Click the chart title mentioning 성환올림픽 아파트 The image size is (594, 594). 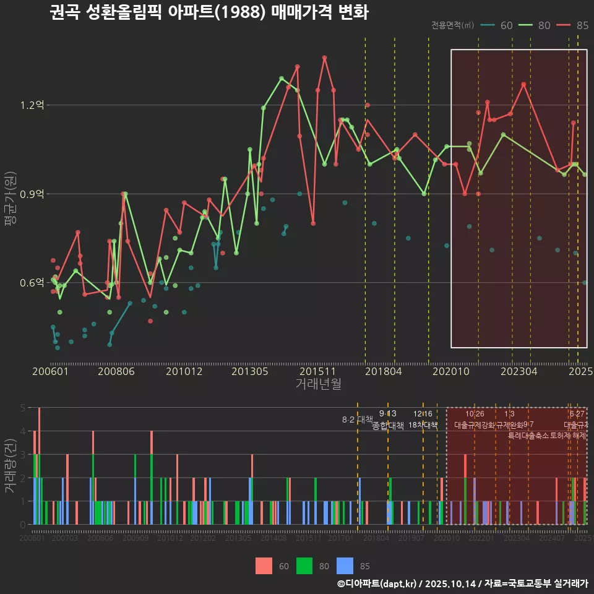(209, 12)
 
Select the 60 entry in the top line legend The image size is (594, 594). (497, 25)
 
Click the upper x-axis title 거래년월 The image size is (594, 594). (318, 384)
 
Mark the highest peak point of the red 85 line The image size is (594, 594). (324, 58)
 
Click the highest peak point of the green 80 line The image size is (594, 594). (282, 79)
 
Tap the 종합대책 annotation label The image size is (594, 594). (388, 425)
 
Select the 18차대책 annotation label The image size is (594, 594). (423, 425)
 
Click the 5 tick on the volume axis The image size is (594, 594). (22, 408)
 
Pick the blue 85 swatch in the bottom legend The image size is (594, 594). (345, 566)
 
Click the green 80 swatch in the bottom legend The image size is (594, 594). (304, 566)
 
